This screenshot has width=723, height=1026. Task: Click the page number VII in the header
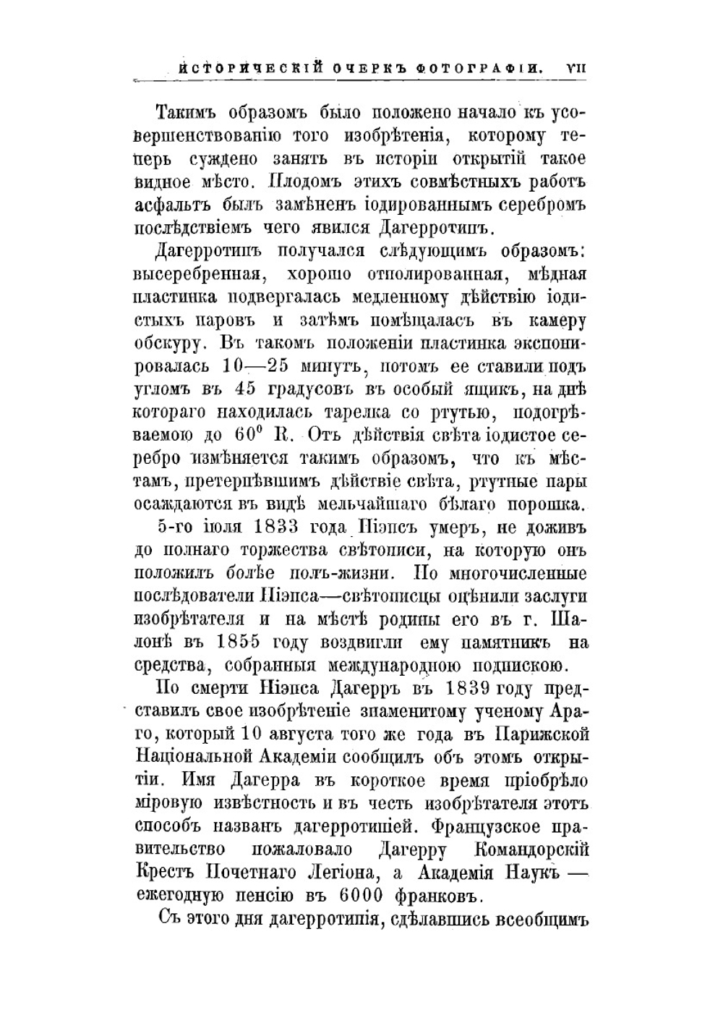[x=576, y=67]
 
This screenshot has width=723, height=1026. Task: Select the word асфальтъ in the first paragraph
[x=172, y=205]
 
